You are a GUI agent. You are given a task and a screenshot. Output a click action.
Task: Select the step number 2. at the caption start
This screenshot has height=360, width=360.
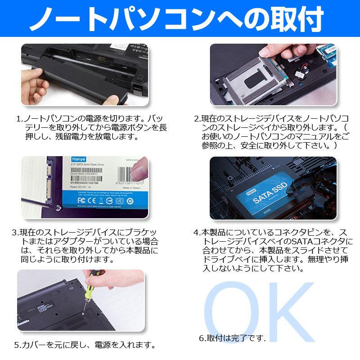[197, 119]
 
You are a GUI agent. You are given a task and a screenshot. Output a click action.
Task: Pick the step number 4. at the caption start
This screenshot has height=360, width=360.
[197, 233]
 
